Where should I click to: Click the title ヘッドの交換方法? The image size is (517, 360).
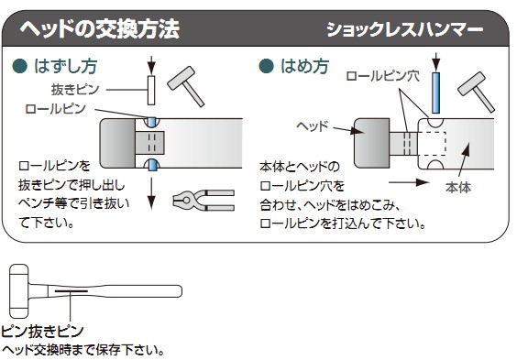(x=100, y=29)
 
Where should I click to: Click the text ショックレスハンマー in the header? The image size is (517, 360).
(x=404, y=30)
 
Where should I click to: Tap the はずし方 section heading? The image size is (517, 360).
(x=66, y=66)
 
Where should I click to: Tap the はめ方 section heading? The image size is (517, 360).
(x=304, y=66)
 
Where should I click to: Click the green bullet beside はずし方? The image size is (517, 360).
(x=19, y=66)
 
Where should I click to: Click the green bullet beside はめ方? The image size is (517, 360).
(x=266, y=66)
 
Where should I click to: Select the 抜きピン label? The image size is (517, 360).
(x=75, y=89)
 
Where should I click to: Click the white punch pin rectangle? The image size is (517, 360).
(x=151, y=91)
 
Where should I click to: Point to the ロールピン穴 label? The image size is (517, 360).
(x=383, y=76)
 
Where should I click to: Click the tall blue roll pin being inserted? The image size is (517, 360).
(x=436, y=93)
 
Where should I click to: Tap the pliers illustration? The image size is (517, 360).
(x=203, y=200)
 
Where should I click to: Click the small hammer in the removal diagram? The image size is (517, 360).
(x=186, y=86)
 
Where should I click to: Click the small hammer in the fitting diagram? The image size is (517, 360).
(x=477, y=92)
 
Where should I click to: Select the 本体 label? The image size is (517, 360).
(x=458, y=188)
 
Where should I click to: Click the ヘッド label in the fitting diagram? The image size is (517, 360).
(x=313, y=125)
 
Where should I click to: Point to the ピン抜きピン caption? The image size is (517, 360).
(x=42, y=332)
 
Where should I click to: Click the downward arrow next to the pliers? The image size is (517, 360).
(x=151, y=193)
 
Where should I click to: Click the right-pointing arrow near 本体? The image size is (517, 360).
(x=409, y=182)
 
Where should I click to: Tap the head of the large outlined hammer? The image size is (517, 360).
(x=19, y=291)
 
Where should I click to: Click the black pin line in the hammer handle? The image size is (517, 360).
(x=71, y=291)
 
